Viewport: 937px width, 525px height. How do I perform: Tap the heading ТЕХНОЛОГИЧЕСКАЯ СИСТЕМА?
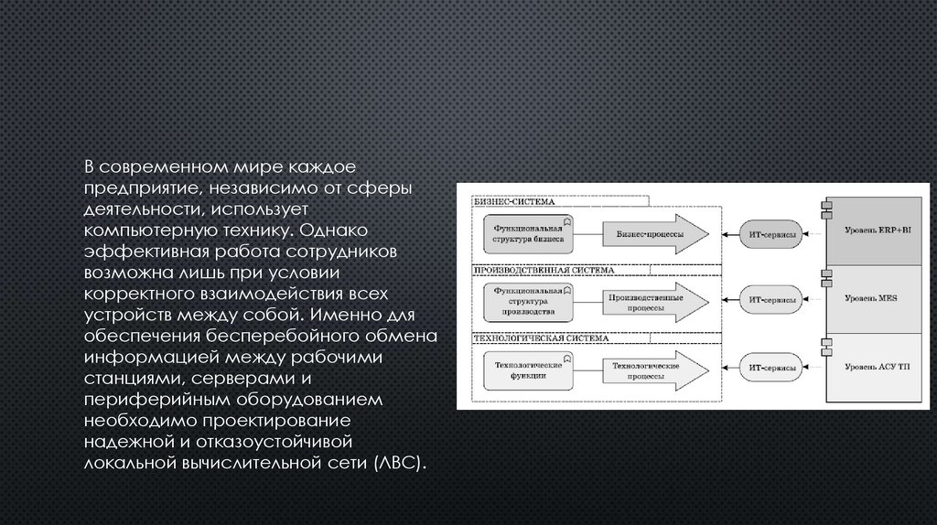[x=526, y=337]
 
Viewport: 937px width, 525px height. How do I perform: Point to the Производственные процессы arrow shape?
[x=652, y=301]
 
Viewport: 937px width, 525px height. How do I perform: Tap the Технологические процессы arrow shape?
[x=652, y=370]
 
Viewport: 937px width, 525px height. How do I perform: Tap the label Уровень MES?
[x=878, y=299]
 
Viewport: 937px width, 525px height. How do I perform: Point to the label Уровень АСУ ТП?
[x=878, y=368]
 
